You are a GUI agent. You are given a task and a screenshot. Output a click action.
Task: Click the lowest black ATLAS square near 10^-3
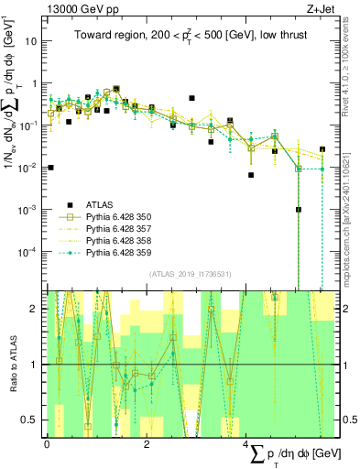tap(298, 209)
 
